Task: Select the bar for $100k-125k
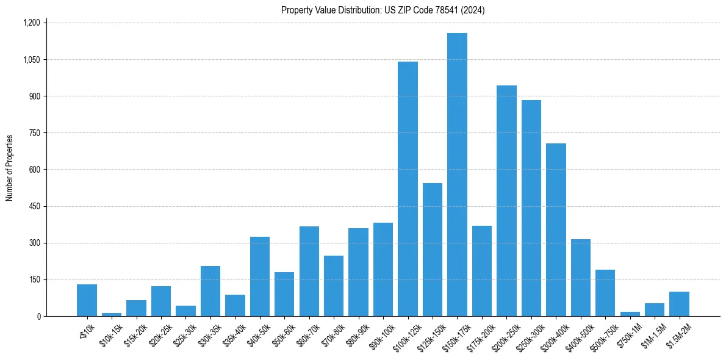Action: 408,189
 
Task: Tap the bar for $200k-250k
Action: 506,201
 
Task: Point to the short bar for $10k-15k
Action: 112,314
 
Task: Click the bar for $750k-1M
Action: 630,314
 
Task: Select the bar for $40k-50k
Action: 260,276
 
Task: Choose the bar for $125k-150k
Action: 433,250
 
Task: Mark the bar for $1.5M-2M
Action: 679,304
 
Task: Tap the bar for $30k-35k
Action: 210,291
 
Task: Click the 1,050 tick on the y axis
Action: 31,60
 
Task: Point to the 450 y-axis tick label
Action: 34,206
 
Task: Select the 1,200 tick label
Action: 31,23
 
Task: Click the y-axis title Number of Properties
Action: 10,168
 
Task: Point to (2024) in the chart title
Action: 473,10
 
